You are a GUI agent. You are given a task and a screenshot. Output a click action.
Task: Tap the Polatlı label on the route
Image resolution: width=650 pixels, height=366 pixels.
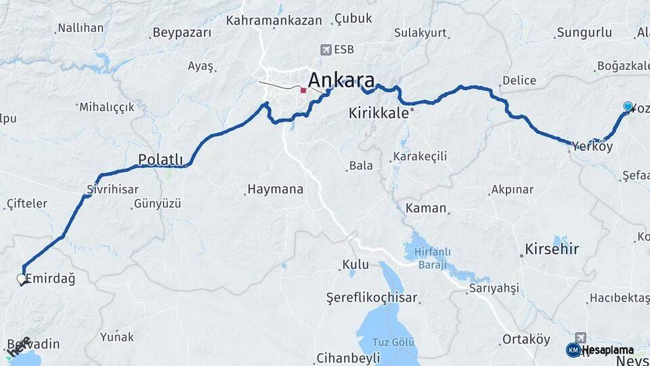pyautogui.click(x=161, y=160)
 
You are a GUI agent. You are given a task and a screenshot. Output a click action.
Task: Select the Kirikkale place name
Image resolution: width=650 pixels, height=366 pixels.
pyautogui.click(x=379, y=113)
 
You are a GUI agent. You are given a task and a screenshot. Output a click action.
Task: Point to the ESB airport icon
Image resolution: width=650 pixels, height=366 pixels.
pyautogui.click(x=326, y=49)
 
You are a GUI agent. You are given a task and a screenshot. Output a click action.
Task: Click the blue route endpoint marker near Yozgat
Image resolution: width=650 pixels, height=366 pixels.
pyautogui.click(x=628, y=106)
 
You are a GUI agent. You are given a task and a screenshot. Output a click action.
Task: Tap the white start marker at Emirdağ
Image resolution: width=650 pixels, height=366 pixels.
pyautogui.click(x=22, y=279)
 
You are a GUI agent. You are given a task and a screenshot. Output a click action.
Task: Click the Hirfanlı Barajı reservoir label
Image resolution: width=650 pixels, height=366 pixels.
pyautogui.click(x=427, y=258)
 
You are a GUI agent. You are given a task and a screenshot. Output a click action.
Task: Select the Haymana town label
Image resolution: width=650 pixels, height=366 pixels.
pyautogui.click(x=276, y=190)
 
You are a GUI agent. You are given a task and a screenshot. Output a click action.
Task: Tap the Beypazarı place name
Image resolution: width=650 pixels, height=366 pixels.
pyautogui.click(x=181, y=33)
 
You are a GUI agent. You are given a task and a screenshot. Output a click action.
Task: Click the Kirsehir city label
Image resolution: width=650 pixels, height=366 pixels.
pyautogui.click(x=552, y=249)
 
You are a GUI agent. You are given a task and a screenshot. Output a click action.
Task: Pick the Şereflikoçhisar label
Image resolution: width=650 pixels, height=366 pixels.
pyautogui.click(x=372, y=298)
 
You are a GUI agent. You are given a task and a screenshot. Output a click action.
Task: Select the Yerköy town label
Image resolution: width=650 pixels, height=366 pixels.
pyautogui.click(x=592, y=146)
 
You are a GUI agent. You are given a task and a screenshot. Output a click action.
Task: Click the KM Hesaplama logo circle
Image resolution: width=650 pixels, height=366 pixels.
pyautogui.click(x=573, y=350)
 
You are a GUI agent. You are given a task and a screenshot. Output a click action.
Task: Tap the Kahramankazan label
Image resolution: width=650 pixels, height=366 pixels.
pyautogui.click(x=274, y=20)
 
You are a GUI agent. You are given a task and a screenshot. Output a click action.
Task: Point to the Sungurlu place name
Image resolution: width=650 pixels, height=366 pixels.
pyautogui.click(x=584, y=33)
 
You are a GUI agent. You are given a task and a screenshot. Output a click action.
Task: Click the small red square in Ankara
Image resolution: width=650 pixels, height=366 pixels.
pyautogui.click(x=303, y=89)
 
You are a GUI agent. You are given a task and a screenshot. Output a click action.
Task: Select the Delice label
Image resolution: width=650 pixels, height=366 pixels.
pyautogui.click(x=519, y=81)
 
